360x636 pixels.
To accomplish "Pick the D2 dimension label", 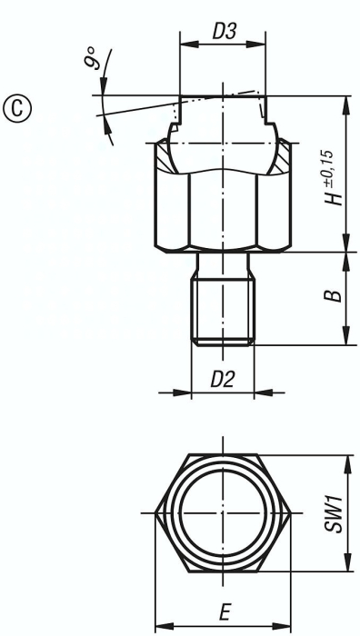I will [x=221, y=380].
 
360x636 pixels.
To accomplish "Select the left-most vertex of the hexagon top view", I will [x=155, y=513].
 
